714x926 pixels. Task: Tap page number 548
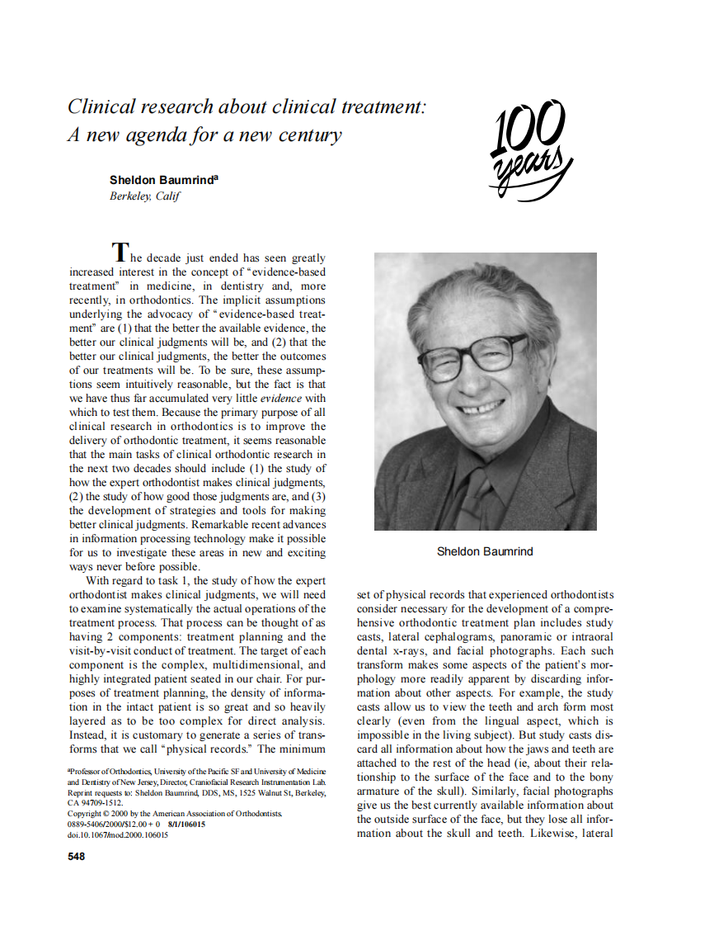click(76, 857)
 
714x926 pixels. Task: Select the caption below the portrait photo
click(484, 551)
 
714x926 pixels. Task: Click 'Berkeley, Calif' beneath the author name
click(144, 196)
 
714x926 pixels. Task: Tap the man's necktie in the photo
click(481, 496)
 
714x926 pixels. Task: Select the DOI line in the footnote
click(117, 834)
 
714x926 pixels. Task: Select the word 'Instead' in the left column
click(87, 735)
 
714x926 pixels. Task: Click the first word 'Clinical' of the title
click(99, 106)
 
